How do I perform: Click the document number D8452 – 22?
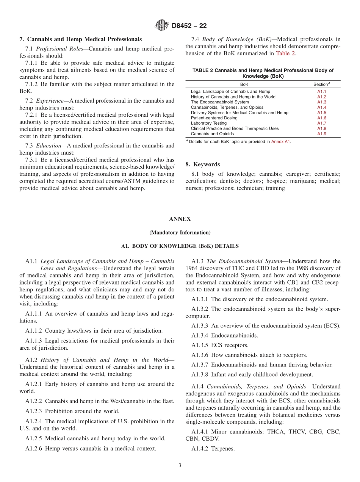click(189, 26)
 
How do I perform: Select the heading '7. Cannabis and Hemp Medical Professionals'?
click(80, 39)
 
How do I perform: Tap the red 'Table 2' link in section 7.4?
click(285, 53)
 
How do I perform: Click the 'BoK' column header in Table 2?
click(244, 84)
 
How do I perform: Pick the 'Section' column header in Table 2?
click(321, 84)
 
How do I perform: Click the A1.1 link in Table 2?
click(321, 92)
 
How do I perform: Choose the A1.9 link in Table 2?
click(321, 134)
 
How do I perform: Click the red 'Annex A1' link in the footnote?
click(281, 142)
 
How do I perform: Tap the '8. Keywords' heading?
click(202, 164)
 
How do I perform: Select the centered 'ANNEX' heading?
click(180, 219)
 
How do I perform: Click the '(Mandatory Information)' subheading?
click(180, 233)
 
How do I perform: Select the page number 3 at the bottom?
click(180, 466)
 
